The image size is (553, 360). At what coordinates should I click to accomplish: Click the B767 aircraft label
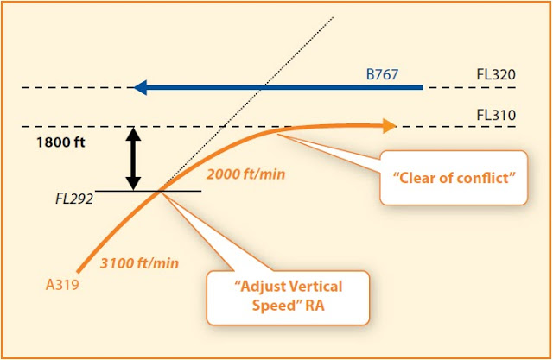382,74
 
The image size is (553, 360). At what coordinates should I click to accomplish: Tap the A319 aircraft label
62,285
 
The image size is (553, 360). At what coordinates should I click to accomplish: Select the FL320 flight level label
496,74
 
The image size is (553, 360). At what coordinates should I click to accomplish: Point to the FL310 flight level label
496,115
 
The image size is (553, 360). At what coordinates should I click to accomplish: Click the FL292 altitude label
74,199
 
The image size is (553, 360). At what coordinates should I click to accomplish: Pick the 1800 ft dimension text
60,142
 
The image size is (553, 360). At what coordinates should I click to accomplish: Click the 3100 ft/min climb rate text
139,263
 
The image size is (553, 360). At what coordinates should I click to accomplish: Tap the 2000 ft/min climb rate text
245,174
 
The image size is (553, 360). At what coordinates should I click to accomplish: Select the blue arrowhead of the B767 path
140,87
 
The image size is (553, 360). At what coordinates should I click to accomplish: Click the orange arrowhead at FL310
390,126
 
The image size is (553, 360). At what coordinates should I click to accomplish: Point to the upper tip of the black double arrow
133,127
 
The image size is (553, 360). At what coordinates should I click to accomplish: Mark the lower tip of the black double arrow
133,190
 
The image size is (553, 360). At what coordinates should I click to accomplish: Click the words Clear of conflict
454,178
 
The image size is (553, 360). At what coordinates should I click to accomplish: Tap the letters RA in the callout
315,306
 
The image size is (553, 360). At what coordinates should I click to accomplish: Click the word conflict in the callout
486,178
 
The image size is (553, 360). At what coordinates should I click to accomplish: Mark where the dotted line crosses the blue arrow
263,87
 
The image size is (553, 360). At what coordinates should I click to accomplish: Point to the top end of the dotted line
333,17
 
